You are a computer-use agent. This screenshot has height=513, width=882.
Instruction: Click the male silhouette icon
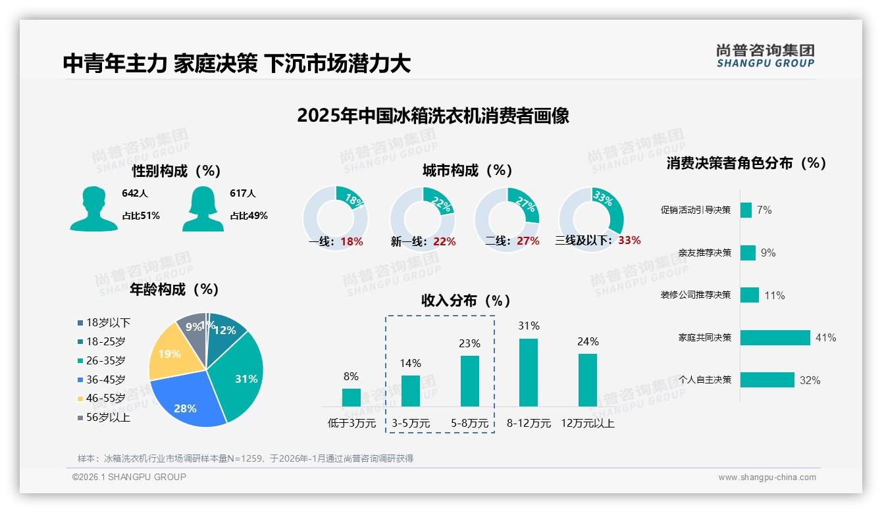93,208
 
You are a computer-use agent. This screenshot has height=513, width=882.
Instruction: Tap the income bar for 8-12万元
529,372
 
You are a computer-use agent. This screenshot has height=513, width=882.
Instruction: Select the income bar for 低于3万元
351,397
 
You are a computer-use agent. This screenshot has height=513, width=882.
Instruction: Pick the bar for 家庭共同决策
775,337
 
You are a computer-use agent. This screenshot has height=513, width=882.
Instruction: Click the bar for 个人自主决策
767,379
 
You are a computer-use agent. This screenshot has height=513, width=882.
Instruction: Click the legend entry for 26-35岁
101,360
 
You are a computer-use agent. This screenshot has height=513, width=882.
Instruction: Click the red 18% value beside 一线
352,241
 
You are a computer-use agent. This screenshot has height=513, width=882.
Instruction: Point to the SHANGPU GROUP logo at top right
765,56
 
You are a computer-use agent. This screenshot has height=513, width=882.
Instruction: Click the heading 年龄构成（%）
174,289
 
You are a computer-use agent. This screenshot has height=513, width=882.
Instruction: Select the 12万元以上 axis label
587,423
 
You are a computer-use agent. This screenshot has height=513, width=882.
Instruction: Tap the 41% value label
825,337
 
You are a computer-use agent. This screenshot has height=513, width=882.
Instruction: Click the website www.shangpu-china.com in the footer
767,477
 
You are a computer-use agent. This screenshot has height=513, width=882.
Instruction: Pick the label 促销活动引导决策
696,210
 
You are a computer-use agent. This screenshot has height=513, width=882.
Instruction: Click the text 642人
135,193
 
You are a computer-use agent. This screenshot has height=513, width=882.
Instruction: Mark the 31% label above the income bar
529,326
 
